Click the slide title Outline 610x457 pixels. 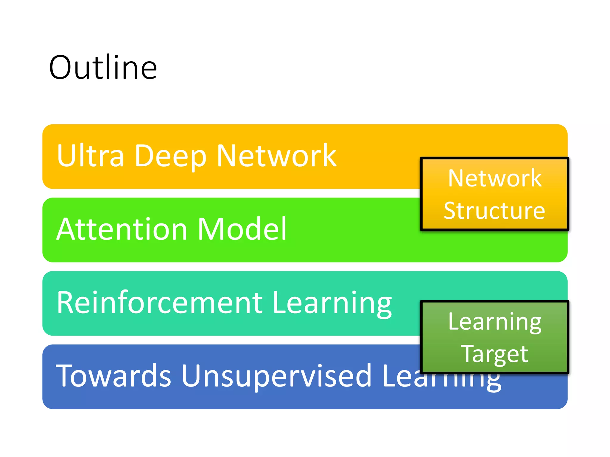click(103, 68)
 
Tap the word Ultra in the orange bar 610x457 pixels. click(90, 156)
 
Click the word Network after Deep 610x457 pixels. click(276, 156)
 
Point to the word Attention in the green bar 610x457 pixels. click(122, 229)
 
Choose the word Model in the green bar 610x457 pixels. click(242, 229)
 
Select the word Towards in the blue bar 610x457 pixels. click(113, 376)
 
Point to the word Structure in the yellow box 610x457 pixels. click(494, 211)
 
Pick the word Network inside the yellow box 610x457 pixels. click(495, 178)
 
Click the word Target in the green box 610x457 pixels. click(494, 354)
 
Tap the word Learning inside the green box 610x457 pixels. click(495, 322)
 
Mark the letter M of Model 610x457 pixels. click(212, 229)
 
